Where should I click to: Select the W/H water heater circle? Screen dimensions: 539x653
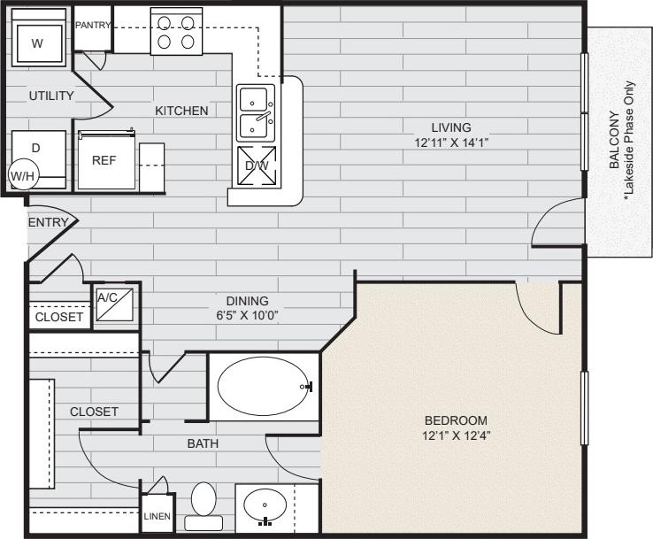(x=22, y=175)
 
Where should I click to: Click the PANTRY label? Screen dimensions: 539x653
(x=92, y=25)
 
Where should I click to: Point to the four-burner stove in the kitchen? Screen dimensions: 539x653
(x=175, y=32)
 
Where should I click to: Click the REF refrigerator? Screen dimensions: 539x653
(x=105, y=161)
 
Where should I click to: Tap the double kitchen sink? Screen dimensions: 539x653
(x=256, y=112)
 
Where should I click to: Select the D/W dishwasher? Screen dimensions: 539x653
(x=257, y=166)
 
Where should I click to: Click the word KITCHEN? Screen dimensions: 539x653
(x=181, y=111)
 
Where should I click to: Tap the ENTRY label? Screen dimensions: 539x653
(x=48, y=222)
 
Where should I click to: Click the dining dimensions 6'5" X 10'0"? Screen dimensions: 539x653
(x=246, y=315)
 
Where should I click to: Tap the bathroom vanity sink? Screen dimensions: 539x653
(x=263, y=510)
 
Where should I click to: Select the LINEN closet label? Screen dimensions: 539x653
(x=157, y=516)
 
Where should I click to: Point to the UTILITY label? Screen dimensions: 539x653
(x=50, y=96)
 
